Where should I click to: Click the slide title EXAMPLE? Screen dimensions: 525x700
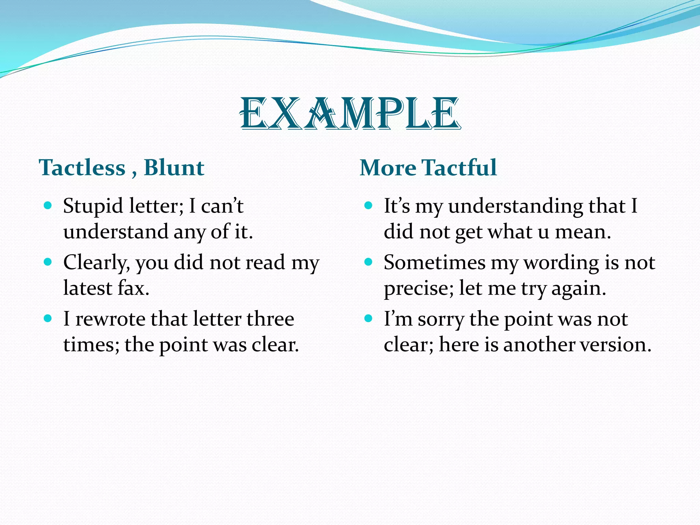click(350, 114)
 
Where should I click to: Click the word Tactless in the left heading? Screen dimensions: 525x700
click(82, 167)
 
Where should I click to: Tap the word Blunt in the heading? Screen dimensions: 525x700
click(174, 167)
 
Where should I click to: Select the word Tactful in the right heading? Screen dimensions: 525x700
click(459, 167)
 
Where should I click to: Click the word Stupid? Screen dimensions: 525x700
click(93, 206)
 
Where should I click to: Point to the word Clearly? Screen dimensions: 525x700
click(96, 263)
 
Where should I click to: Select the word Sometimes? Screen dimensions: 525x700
click(434, 262)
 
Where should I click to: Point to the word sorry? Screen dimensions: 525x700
click(441, 320)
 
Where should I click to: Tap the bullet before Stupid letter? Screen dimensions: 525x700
click(48, 205)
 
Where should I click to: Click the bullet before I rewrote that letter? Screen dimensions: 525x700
click(48, 319)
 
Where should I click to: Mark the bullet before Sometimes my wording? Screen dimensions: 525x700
click(368, 262)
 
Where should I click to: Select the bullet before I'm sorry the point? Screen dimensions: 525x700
click(368, 319)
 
